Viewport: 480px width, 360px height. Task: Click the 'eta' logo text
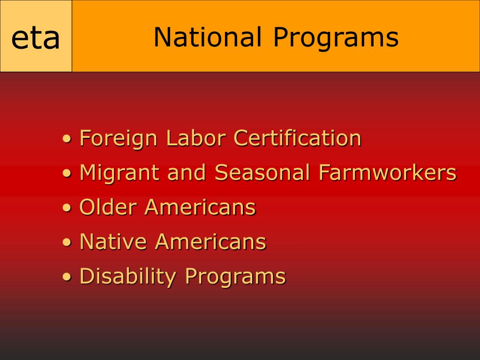[x=36, y=38]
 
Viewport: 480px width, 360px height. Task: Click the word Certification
[x=297, y=138]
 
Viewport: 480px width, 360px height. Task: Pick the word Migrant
[x=120, y=173]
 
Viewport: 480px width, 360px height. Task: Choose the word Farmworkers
[x=387, y=172]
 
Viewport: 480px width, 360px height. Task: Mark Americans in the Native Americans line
[x=210, y=242]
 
